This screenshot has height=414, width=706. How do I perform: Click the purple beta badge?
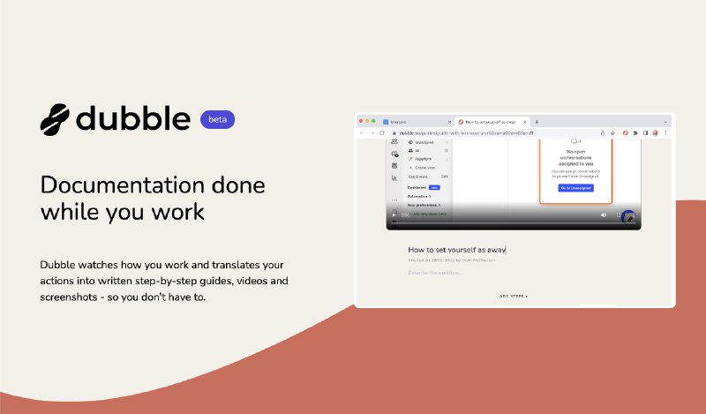(x=217, y=119)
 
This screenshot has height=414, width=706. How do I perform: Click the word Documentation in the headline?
(x=112, y=186)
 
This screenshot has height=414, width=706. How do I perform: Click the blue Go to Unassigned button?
(x=575, y=188)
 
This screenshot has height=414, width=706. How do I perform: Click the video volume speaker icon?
(x=605, y=215)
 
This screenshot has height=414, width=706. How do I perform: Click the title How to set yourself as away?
(x=456, y=250)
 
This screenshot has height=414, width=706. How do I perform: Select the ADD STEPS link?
(x=514, y=297)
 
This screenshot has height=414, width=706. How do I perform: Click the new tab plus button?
(x=537, y=122)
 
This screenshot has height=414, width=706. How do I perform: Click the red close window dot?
(x=362, y=121)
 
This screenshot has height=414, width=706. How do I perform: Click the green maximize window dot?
(x=374, y=121)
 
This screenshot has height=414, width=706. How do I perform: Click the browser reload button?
(x=381, y=132)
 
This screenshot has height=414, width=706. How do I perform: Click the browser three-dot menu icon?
(x=666, y=132)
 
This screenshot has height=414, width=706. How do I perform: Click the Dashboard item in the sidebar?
(x=417, y=187)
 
